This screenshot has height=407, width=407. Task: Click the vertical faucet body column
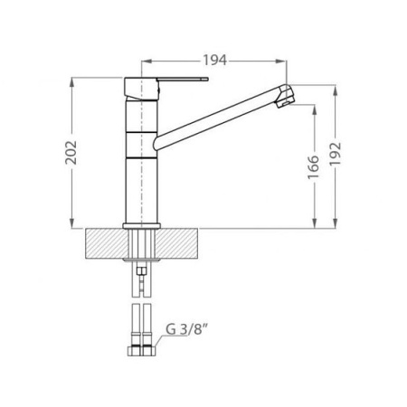[140, 154]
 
